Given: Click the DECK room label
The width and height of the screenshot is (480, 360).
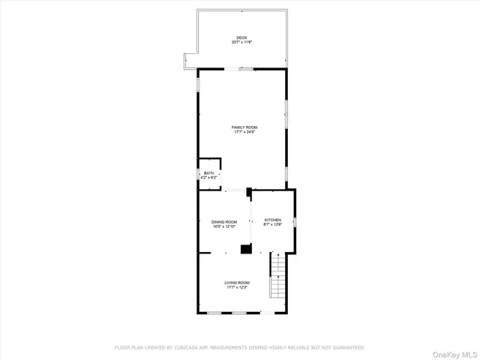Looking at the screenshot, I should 241,37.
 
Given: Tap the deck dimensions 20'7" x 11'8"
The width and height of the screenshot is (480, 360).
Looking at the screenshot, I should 241,42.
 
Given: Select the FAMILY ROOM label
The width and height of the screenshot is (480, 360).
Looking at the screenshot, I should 244,127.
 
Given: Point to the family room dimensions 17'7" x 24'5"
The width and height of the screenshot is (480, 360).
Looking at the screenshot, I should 244,133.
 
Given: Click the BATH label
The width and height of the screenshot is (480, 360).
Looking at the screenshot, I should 208,173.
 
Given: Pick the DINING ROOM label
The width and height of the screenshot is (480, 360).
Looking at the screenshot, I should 223,222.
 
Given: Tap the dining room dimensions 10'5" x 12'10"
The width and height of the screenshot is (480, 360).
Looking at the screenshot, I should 223,227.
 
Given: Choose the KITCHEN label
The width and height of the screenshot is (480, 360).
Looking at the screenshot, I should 272,220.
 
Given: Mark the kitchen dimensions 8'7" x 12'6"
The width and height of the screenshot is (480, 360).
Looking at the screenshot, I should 272,225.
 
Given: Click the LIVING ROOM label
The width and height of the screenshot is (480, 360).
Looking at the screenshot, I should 237,283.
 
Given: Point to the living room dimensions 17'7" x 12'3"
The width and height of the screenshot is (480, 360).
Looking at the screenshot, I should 237,288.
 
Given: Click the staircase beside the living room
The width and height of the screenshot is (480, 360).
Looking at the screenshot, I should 279,277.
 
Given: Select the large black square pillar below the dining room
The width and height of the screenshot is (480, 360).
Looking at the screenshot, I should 244,248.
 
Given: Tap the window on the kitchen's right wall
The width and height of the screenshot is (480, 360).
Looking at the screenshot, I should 295,222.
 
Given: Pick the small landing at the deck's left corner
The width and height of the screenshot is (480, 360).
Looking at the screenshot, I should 190,61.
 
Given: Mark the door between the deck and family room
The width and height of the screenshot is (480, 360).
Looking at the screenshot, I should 245,69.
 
